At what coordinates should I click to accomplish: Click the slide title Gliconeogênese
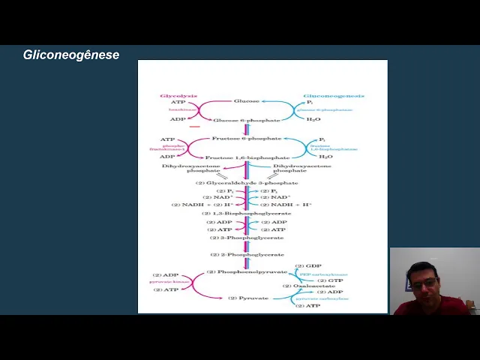click(x=70, y=55)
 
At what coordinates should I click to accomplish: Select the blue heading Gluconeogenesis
click(x=333, y=97)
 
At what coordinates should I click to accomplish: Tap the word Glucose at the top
click(x=246, y=101)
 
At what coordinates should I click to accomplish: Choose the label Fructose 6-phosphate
click(x=247, y=139)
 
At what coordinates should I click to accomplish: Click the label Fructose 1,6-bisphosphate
click(x=247, y=157)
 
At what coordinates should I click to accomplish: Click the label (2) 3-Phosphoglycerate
click(x=247, y=238)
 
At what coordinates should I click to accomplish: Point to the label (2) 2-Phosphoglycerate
click(x=247, y=255)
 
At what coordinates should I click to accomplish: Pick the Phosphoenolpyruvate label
click(x=247, y=271)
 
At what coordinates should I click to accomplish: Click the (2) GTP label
click(x=330, y=280)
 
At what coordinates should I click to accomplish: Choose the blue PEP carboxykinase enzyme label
click(x=324, y=274)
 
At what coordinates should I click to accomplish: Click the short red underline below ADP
click(x=195, y=127)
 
